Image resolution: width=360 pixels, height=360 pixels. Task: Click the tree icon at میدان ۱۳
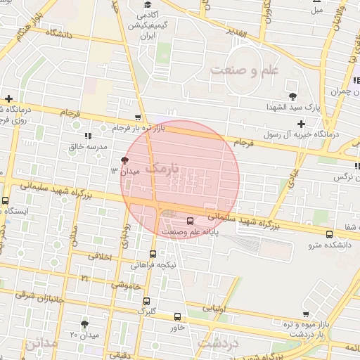pyautogui.click(x=125, y=160)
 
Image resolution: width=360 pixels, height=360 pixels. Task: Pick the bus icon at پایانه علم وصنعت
pyautogui.click(x=190, y=221)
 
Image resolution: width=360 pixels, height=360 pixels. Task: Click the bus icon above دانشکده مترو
pyautogui.click(x=329, y=234)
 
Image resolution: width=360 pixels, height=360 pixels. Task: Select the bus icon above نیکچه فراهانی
pyautogui.click(x=153, y=254)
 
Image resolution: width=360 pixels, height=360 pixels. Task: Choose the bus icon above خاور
pyautogui.click(x=176, y=316)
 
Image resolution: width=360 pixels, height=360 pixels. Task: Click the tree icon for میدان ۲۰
pyautogui.click(x=85, y=324)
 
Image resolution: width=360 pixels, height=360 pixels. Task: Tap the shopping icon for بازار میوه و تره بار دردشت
pyautogui.click(x=304, y=314)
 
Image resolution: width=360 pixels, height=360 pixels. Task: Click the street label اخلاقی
pyautogui.click(x=101, y=257)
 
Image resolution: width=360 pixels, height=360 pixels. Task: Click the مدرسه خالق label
pyautogui.click(x=87, y=147)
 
